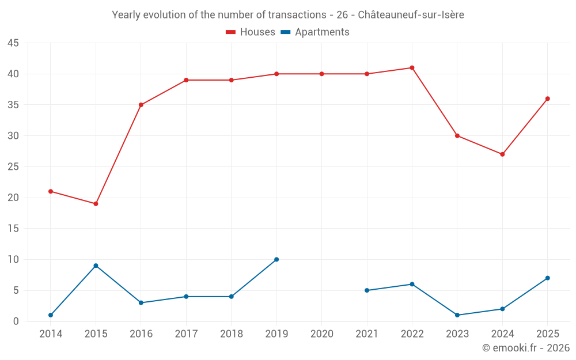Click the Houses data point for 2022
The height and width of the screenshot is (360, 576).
(x=412, y=68)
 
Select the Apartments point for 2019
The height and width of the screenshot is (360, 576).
(x=276, y=259)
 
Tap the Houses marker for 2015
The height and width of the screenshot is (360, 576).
(x=96, y=204)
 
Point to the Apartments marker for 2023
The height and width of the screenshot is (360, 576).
(x=457, y=315)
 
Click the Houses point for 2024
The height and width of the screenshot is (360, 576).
(x=502, y=154)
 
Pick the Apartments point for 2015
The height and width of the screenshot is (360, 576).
(x=96, y=266)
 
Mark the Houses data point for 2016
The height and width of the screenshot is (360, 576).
(x=141, y=105)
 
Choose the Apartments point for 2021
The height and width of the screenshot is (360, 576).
(x=367, y=290)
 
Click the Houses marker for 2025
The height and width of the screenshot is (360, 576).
(x=548, y=98)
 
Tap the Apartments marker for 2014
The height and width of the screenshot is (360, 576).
(x=51, y=315)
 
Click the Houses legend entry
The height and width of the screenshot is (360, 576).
(x=251, y=32)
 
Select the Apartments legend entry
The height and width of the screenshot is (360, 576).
(x=315, y=32)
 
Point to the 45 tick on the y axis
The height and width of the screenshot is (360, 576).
(x=13, y=43)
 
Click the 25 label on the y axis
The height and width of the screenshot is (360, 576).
(x=13, y=167)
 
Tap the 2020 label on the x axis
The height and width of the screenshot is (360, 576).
(x=321, y=334)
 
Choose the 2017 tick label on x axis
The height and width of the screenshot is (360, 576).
(x=186, y=334)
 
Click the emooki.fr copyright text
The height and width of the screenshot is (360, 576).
(x=526, y=348)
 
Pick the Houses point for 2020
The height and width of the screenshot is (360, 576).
(x=321, y=74)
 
